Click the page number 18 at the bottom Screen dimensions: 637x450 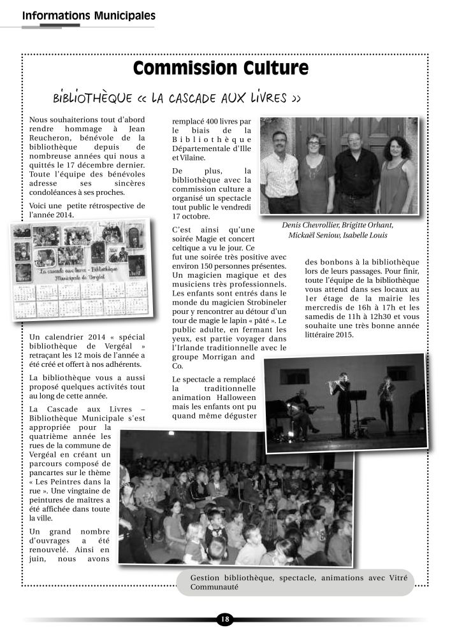224,619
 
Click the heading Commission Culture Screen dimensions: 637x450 221,69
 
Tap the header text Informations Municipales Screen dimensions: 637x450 88,15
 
